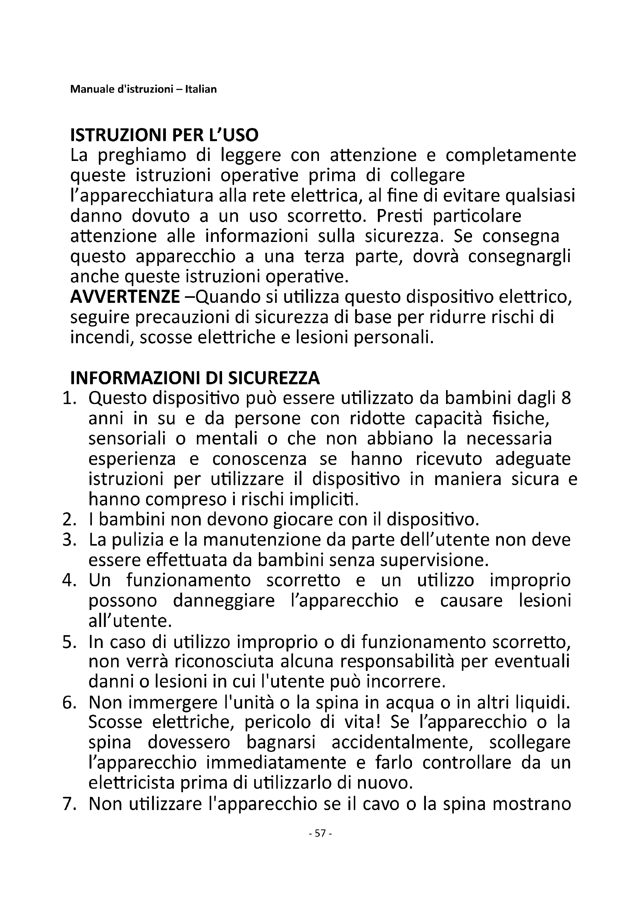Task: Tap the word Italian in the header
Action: [x=203, y=89]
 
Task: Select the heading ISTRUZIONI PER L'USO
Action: [x=164, y=135]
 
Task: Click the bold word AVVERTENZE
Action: [x=125, y=297]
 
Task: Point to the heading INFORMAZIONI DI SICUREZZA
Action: [x=195, y=378]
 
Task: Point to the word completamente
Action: [x=511, y=155]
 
